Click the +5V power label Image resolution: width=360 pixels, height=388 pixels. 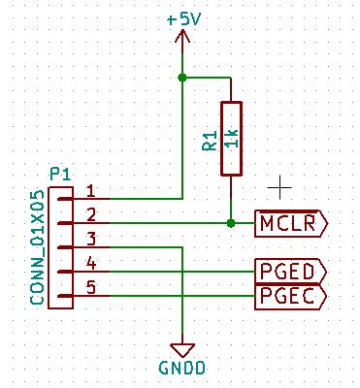coord(182,18)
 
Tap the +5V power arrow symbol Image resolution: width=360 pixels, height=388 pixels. coord(182,39)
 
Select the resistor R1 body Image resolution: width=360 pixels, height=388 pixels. coord(230,138)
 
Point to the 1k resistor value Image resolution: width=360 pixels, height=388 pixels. coord(230,138)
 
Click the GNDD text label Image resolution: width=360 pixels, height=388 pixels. coord(180,368)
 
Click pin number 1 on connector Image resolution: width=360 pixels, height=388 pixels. coord(90,191)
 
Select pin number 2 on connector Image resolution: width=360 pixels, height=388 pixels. coord(90,214)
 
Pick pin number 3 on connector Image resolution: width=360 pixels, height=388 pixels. coord(90,239)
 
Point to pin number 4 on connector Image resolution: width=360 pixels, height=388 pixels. coord(90,263)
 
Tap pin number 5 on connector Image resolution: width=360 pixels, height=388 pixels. coord(90,287)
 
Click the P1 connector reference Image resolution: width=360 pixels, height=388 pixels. coord(60,174)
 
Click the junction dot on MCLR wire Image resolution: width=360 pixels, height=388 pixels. coord(230,223)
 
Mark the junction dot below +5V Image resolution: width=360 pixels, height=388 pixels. coord(182,77)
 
